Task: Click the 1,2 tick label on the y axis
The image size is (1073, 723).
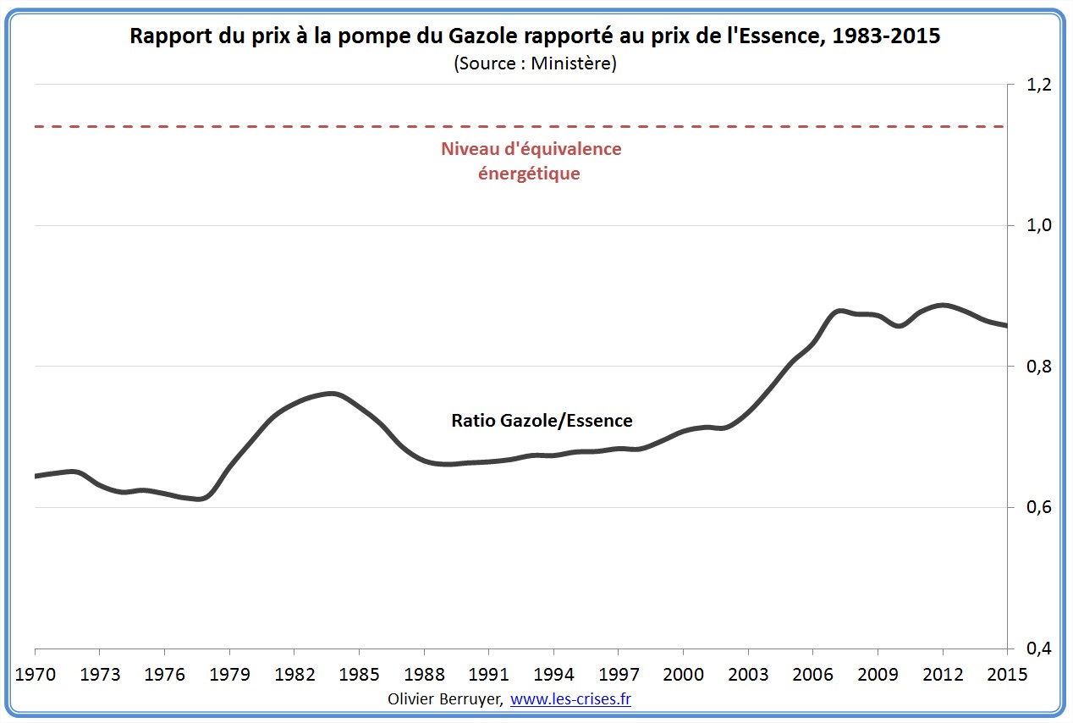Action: pyautogui.click(x=1040, y=85)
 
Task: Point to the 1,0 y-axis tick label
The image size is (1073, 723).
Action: pyautogui.click(x=1040, y=225)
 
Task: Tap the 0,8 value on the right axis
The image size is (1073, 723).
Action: pyautogui.click(x=1040, y=367)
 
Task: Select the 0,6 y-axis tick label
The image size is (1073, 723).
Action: pyautogui.click(x=1040, y=507)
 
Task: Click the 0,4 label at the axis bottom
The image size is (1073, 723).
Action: pyautogui.click(x=1040, y=648)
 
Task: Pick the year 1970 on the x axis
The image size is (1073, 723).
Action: pyautogui.click(x=36, y=675)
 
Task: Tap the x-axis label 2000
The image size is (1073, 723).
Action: pyautogui.click(x=683, y=675)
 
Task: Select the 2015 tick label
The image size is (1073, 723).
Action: pyautogui.click(x=1006, y=675)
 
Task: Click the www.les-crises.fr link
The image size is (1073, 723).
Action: pyautogui.click(x=571, y=699)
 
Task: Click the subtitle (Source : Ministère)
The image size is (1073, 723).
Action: pyautogui.click(x=535, y=63)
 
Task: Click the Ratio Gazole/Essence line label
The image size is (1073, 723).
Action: pyautogui.click(x=542, y=420)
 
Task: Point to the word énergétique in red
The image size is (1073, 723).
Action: pyautogui.click(x=530, y=174)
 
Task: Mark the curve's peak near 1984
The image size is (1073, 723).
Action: pyautogui.click(x=331, y=394)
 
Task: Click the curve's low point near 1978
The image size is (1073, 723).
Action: pyautogui.click(x=199, y=499)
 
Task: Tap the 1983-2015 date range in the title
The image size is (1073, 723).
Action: pyautogui.click(x=888, y=36)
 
